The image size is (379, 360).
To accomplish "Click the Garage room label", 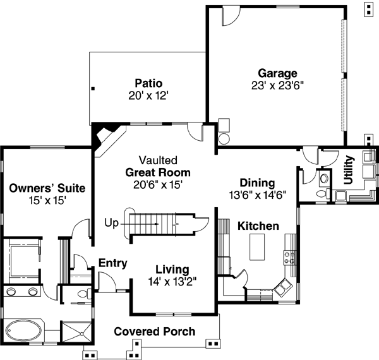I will click(277, 73).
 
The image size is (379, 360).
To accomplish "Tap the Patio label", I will click(149, 83).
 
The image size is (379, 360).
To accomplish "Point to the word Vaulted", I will click(158, 160).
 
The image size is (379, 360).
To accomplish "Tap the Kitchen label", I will click(258, 225).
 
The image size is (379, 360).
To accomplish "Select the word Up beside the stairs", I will click(112, 223).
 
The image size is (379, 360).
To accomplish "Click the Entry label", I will click(113, 263).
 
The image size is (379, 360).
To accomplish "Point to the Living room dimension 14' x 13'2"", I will click(167, 282).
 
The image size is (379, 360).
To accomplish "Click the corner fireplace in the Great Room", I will click(103, 136).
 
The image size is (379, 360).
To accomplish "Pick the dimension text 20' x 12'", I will click(149, 95).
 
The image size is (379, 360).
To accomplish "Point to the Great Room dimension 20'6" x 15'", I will click(158, 184).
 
